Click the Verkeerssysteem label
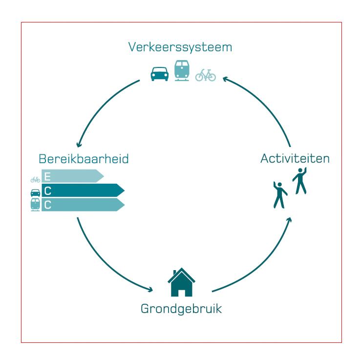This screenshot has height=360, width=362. tap(180, 47)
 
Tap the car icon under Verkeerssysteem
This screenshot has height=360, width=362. tap(159, 73)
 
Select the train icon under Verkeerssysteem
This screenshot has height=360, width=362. tap(182, 70)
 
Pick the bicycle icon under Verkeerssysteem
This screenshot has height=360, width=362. tap(206, 75)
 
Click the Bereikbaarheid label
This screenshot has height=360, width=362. tap(84, 159)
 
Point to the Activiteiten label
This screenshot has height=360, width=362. tap(295, 158)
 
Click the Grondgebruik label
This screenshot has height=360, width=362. tap(181, 309)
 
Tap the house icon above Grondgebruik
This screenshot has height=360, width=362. tap(181, 283)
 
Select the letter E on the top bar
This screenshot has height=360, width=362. tap(47, 176)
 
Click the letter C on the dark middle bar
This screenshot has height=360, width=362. tap(47, 191)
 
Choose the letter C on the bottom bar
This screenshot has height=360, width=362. tap(47, 205)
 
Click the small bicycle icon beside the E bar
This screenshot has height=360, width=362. tap(35, 179)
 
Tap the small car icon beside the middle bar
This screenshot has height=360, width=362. tap(35, 192)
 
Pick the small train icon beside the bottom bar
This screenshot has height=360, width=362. tap(35, 205)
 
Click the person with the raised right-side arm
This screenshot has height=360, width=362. tap(299, 180)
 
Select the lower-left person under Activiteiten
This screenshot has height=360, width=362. tap(279, 195)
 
